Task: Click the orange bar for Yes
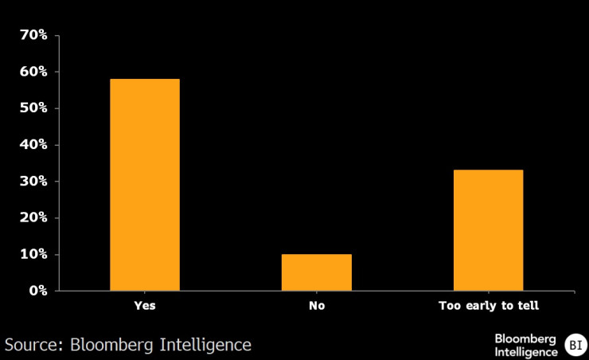145,185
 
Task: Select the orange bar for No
317,272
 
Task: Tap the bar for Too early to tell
488,230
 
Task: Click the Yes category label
145,306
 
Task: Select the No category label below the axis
317,306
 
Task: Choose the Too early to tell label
488,306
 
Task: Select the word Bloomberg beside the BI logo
526,338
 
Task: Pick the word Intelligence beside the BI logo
526,351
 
